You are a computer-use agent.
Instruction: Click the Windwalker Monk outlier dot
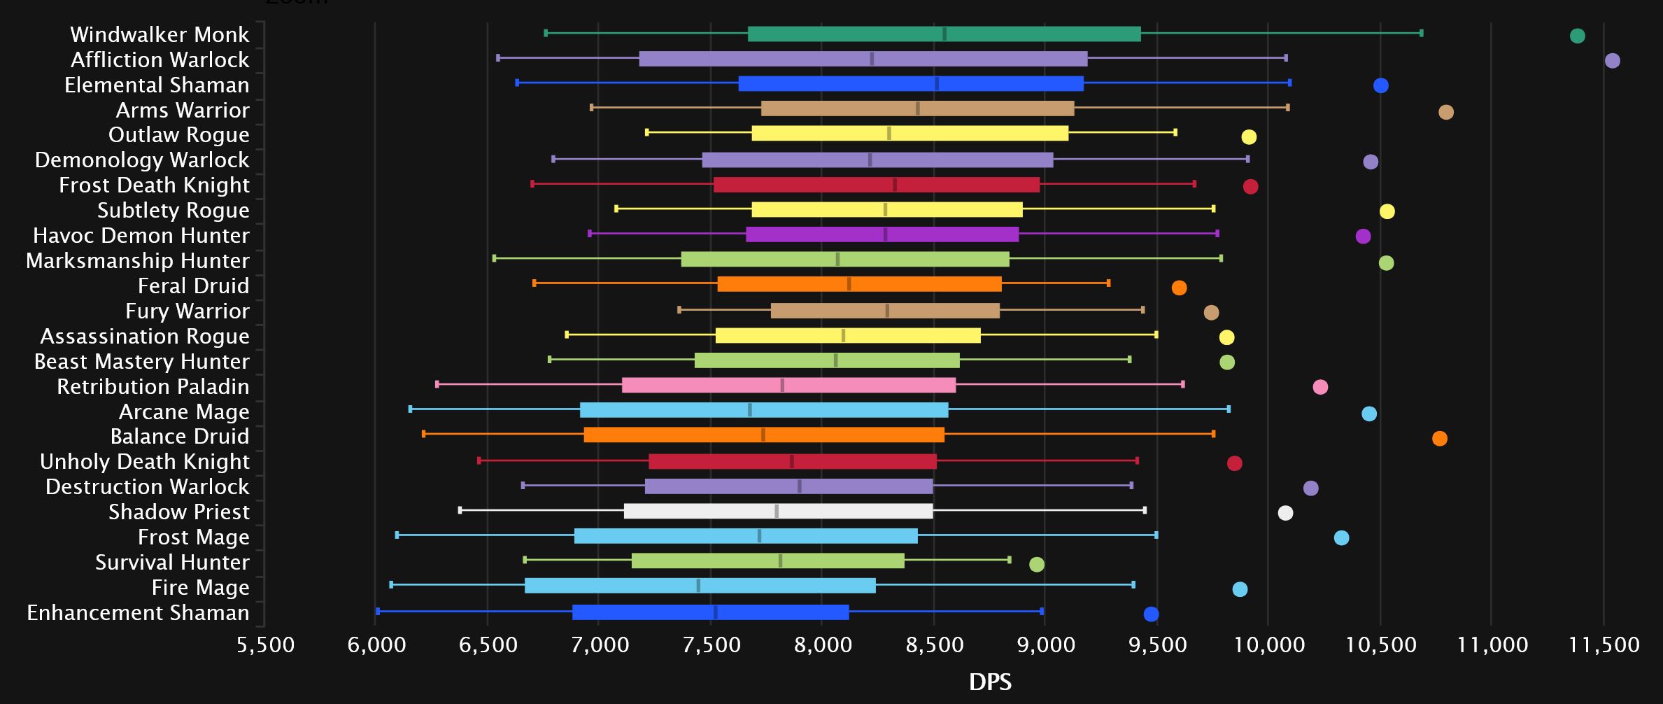1577,36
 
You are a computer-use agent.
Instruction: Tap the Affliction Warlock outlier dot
1612,61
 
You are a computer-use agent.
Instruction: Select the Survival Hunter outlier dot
1037,564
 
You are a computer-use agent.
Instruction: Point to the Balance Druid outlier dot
1439,439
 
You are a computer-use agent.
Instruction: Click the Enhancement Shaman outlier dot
1151,614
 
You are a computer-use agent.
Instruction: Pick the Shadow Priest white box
778,512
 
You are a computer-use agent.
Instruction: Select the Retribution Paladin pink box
788,385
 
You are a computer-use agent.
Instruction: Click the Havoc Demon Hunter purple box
882,234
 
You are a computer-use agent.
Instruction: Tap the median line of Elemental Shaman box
937,84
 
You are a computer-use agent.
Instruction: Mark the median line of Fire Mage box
698,586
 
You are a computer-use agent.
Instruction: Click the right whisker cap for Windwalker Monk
1421,33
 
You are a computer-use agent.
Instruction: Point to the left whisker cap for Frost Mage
397,535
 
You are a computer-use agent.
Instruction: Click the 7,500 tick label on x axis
711,644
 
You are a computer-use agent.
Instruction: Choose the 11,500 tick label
1604,644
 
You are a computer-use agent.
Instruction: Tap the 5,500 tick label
265,644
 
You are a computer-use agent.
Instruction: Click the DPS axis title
990,682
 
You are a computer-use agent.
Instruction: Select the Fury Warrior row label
187,311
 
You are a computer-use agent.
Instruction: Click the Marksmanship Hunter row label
137,260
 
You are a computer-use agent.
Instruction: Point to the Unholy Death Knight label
144,462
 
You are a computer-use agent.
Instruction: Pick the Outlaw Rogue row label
178,134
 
